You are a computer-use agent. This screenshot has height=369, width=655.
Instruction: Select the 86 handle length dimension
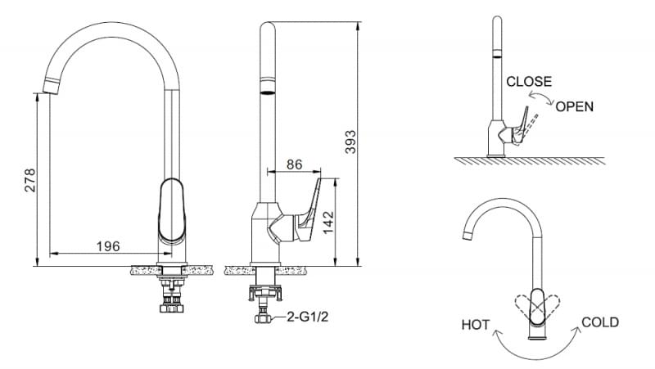pyautogui.click(x=294, y=164)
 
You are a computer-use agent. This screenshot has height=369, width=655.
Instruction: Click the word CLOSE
pyautogui.click(x=529, y=82)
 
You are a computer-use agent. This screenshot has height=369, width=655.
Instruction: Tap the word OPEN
pyautogui.click(x=574, y=106)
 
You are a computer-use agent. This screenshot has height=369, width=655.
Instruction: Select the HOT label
pyautogui.click(x=475, y=326)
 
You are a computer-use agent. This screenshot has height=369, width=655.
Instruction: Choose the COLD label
pyautogui.click(x=599, y=322)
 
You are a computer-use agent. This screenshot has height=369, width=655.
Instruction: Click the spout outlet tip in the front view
pyautogui.click(x=51, y=85)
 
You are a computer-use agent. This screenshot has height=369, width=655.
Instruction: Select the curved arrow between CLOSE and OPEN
pyautogui.click(x=540, y=100)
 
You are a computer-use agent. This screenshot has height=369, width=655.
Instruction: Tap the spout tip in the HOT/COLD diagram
pyautogui.click(x=468, y=237)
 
